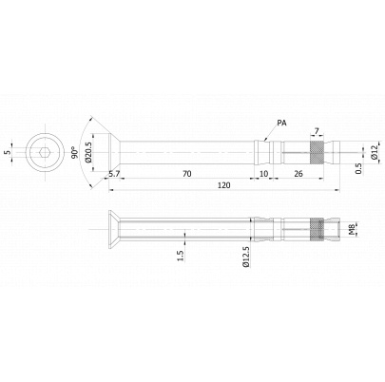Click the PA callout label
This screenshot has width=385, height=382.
pos(281,123)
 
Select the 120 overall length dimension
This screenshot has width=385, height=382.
pos(224,185)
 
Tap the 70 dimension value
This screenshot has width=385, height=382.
pos(187,174)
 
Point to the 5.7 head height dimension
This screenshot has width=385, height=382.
pos(114,174)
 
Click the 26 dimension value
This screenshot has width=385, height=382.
pos(298,174)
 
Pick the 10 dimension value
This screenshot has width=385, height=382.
pos(263,174)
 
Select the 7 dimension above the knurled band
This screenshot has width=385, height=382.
pos(317,130)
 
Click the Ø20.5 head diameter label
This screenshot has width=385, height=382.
pos(88,152)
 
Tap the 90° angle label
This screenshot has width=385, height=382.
pos(75,152)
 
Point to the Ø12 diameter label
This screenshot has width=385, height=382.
pos(375,152)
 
